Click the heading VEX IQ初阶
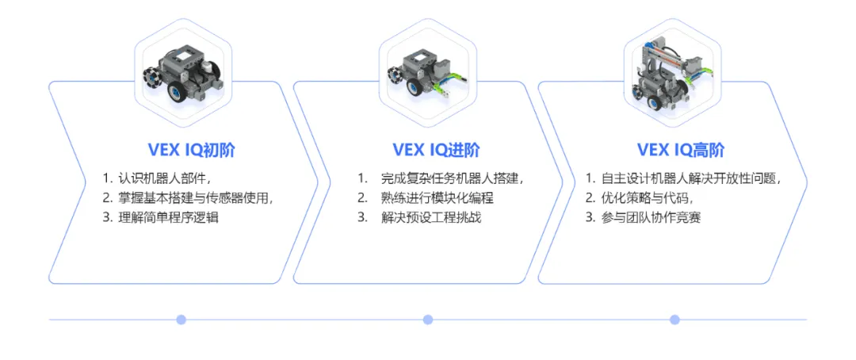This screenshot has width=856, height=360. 191,150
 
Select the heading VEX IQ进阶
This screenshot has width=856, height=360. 436,150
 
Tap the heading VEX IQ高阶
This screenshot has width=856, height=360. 680,150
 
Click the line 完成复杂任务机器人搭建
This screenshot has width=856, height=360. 451,178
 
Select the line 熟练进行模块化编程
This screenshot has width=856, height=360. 437,197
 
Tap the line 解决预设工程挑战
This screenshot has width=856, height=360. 430,217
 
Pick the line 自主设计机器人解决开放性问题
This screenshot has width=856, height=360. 690,178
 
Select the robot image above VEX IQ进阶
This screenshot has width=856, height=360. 429,75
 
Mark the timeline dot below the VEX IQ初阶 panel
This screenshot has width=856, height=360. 181,320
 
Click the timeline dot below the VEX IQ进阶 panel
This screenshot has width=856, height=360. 428,320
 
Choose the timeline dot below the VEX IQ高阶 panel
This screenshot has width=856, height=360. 674,320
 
